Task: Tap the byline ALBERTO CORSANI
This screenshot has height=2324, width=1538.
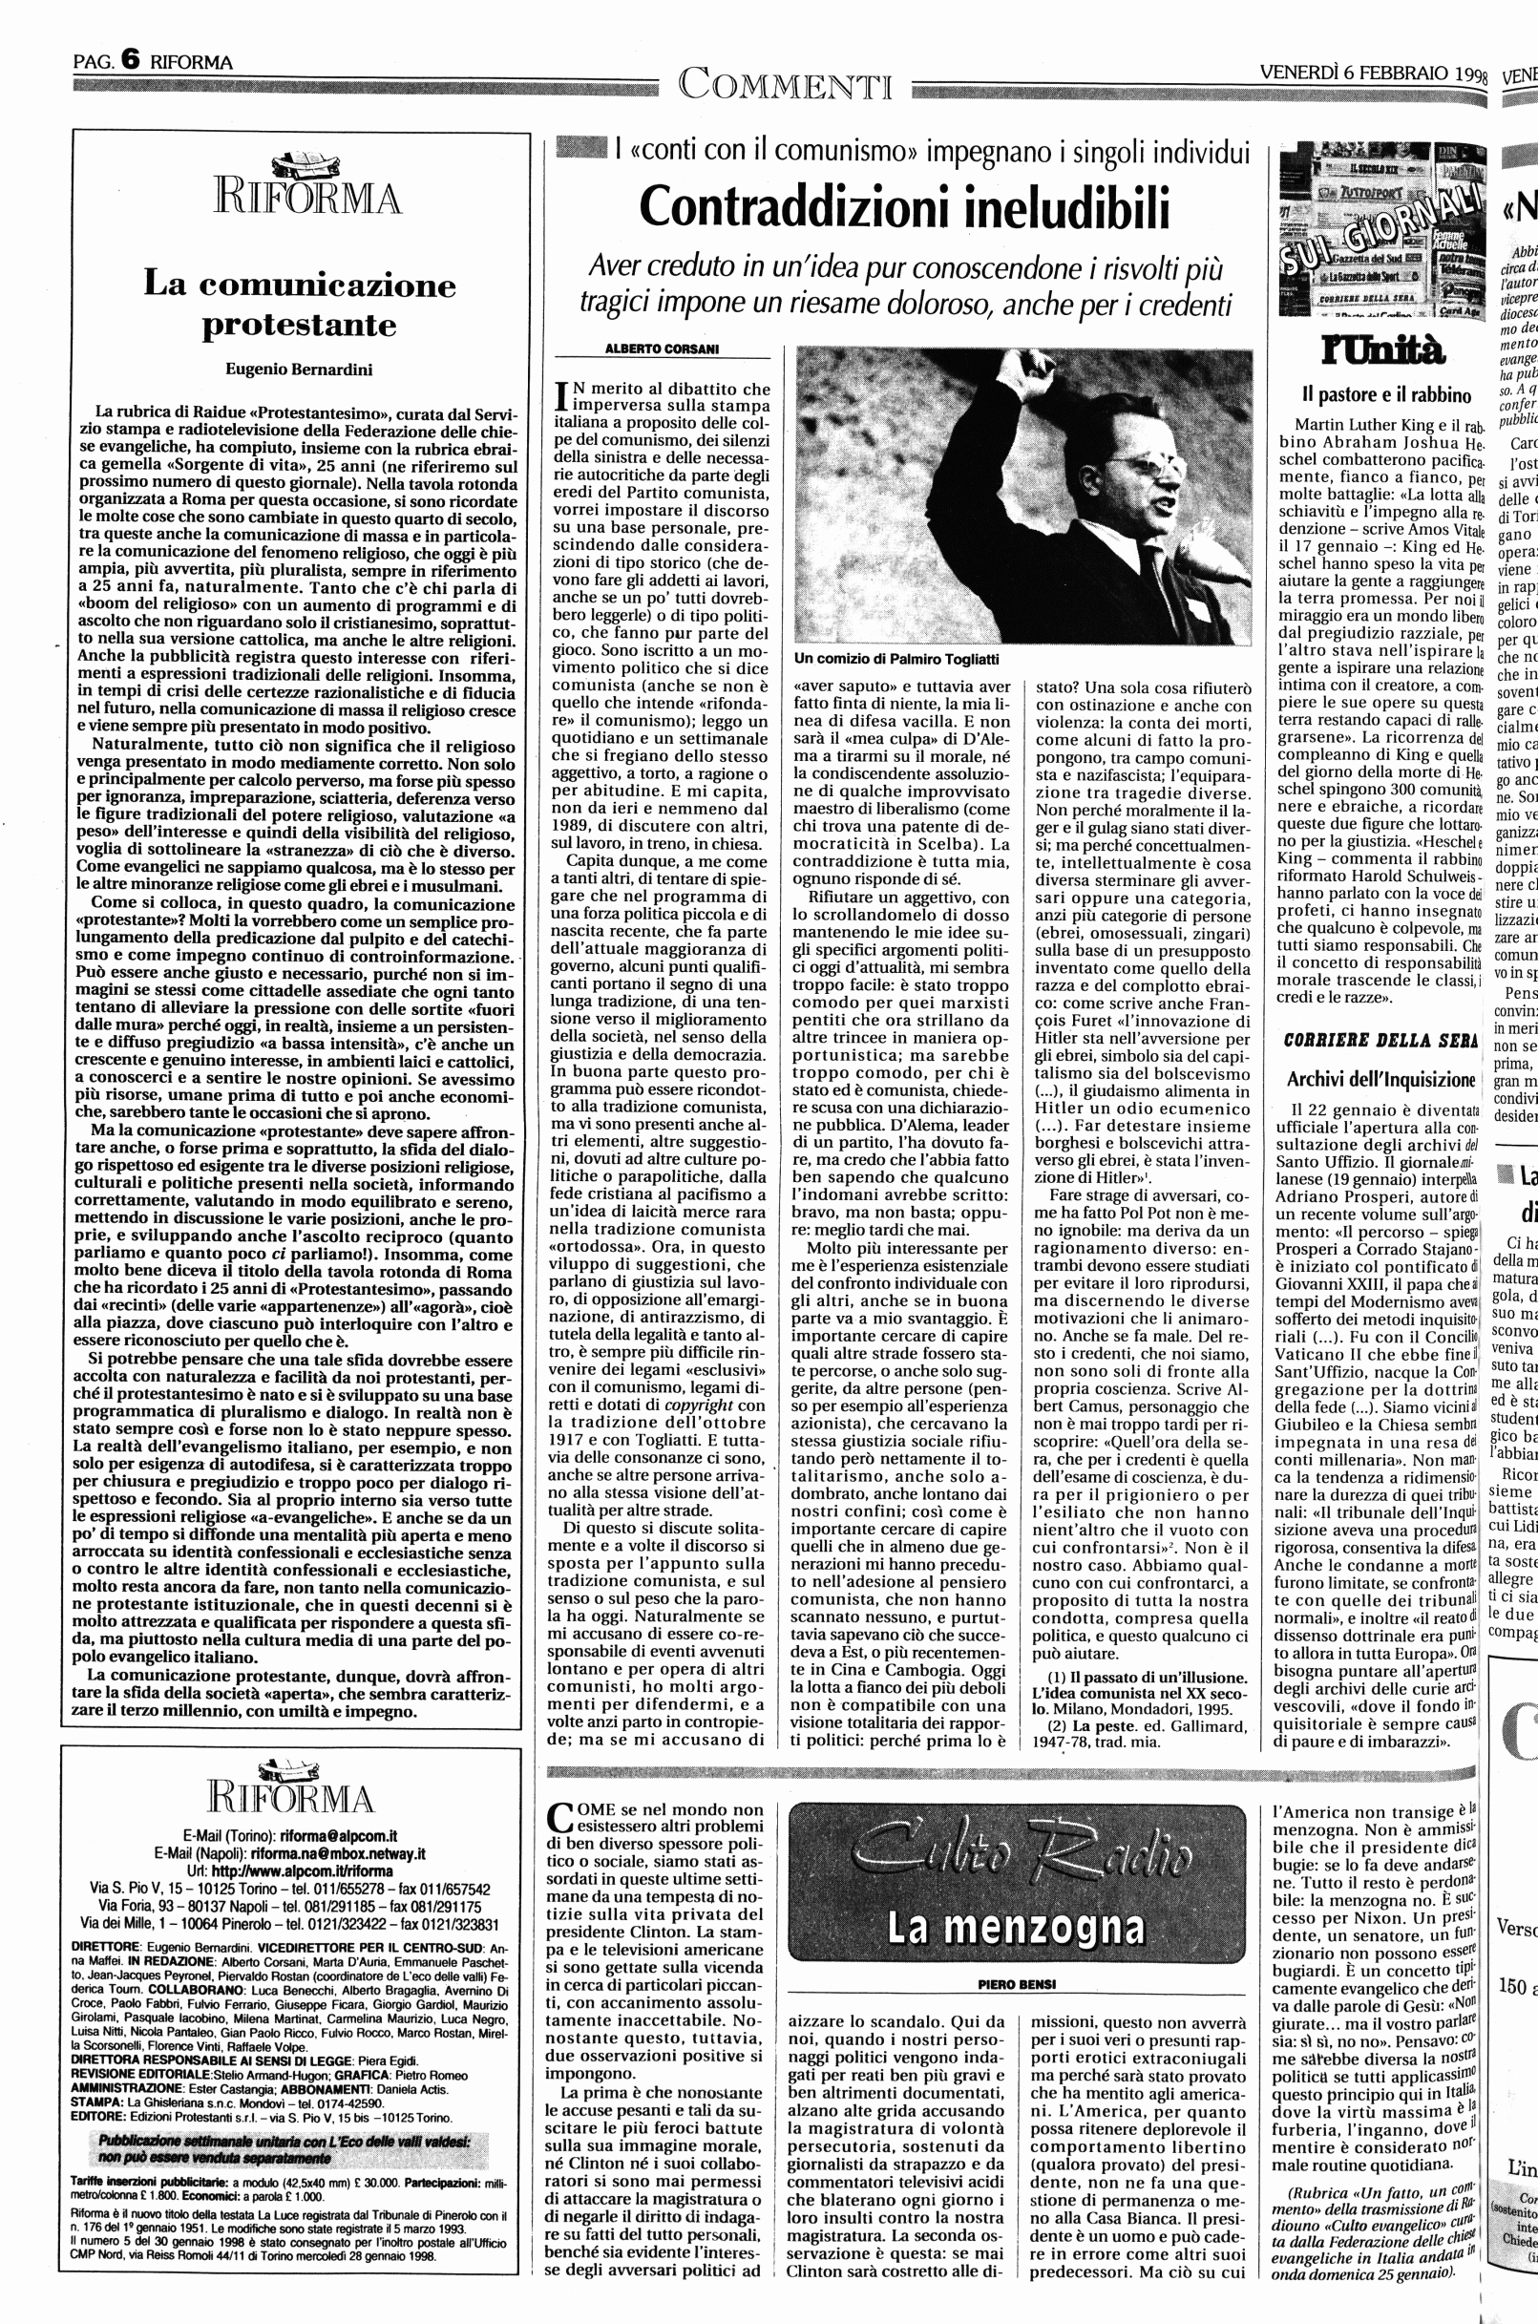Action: point(663,349)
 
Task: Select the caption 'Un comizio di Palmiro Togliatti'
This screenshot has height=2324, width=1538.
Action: point(896,659)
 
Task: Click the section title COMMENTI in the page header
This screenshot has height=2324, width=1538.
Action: point(786,85)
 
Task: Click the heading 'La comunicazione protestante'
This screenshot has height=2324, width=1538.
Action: point(299,305)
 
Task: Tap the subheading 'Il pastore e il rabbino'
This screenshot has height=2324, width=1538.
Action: point(1386,395)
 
